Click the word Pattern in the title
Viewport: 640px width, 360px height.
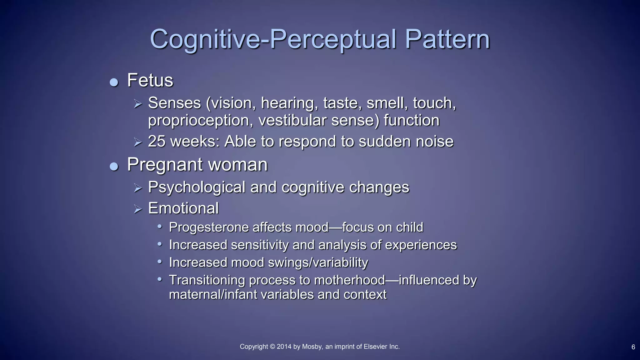pos(447,39)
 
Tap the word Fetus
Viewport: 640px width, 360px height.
pos(150,80)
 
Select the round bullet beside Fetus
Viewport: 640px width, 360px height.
pos(114,82)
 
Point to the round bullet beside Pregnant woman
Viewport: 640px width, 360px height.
pos(114,167)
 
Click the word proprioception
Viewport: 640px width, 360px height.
pos(200,121)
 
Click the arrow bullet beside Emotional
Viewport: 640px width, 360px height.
pos(138,209)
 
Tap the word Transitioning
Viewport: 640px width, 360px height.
pos(207,280)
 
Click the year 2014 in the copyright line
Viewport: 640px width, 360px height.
pos(284,347)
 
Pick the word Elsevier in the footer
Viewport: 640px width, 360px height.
pos(375,347)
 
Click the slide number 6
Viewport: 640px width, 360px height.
pos(633,347)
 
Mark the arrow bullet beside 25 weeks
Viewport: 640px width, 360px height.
pos(138,142)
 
